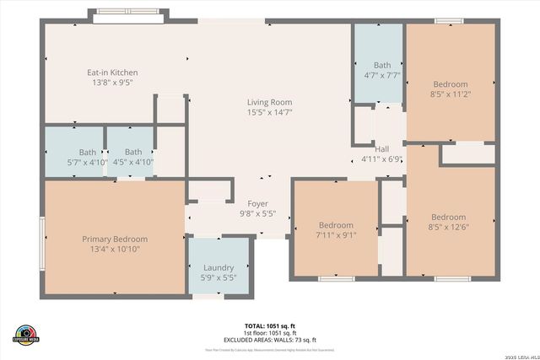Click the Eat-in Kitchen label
[112, 73]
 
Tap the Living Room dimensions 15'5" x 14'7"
[269, 112]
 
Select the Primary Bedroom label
[115, 239]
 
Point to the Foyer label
[257, 204]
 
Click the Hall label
[382, 148]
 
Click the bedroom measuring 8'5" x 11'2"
[450, 89]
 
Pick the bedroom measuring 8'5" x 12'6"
[446, 222]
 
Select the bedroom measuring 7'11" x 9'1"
[336, 230]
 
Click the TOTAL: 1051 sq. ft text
[269, 325]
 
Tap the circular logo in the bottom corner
[24, 336]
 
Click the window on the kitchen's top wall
[128, 18]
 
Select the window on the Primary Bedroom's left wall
[42, 243]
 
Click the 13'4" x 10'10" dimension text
[115, 250]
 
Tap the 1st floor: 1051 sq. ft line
[269, 333]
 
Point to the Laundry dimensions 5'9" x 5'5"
[219, 277]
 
